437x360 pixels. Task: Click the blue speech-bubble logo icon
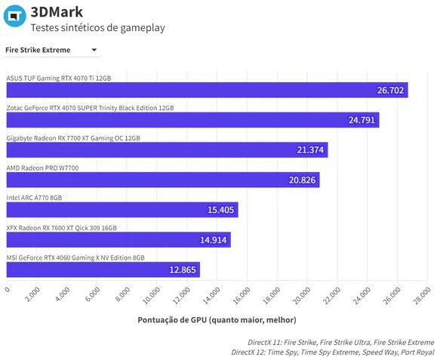[15, 16]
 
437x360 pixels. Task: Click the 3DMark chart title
[57, 12]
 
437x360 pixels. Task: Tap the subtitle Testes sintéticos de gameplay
[97, 28]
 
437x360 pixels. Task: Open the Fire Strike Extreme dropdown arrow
[94, 50]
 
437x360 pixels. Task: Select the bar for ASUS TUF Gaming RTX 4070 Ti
[207, 90]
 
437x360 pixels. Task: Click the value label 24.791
[362, 120]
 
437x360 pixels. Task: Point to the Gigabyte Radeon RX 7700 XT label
[73, 138]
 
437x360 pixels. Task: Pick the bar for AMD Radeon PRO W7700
[163, 180]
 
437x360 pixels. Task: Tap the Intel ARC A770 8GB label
[34, 198]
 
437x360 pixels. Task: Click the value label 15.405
[220, 210]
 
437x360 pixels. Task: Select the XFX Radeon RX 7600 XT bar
[118, 240]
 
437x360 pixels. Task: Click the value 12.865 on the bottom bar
[183, 269]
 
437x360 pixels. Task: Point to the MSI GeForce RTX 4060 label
[75, 258]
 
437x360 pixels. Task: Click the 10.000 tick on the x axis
[152, 296]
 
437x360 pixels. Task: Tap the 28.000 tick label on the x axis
[422, 296]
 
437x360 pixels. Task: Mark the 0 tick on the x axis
[8, 289]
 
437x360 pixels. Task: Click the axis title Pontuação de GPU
[217, 320]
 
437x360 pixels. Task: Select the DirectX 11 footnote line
[341, 342]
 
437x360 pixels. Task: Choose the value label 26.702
[390, 91]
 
